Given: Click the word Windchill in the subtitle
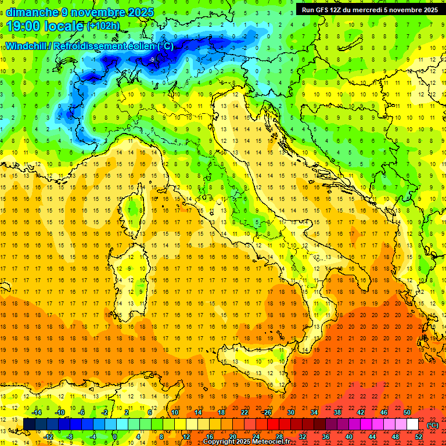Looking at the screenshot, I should coord(27,46).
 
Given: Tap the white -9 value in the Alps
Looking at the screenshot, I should coord(152,60).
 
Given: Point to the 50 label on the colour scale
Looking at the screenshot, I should coord(407,412).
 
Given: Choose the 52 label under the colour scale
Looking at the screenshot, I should coord(419,437).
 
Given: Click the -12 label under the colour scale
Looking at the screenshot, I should coord(49,437).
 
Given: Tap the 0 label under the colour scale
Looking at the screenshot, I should coord(114,437).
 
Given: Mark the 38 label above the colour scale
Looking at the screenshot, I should coord(337,412).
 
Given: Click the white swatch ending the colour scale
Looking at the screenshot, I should coord(412,425).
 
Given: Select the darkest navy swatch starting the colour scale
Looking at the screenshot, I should coord(29,425).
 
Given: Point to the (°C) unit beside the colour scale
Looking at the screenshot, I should coord(433,425).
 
